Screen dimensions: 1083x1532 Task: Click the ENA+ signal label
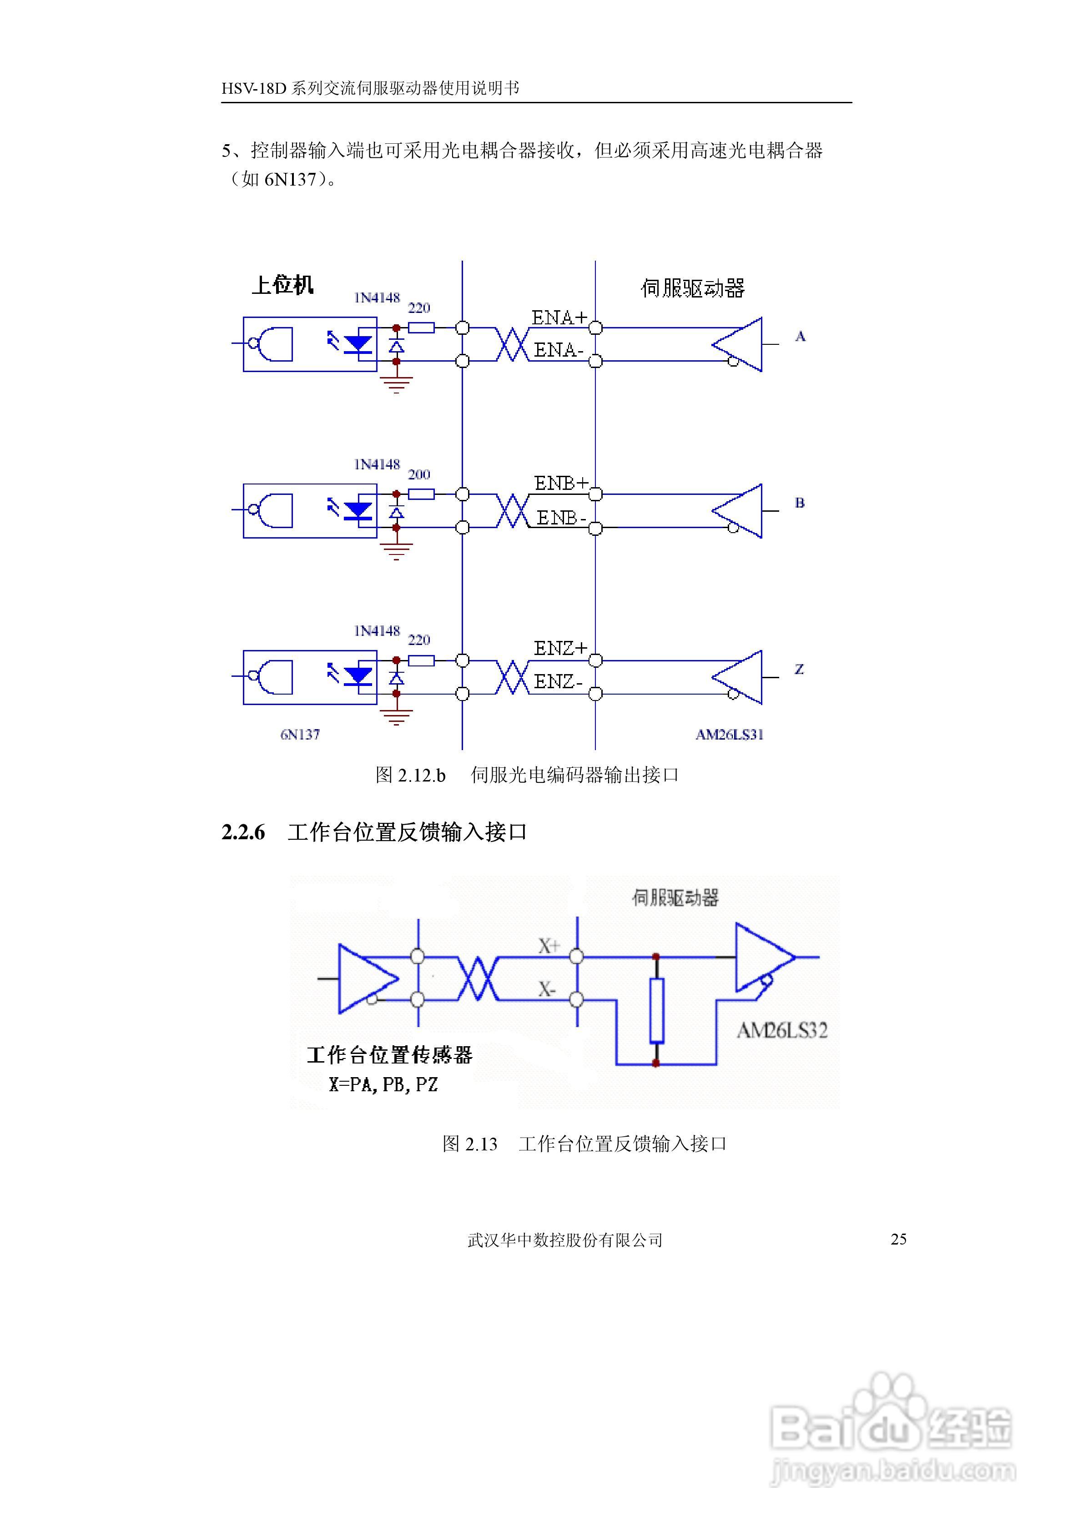559,317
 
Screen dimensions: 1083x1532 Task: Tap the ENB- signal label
561,517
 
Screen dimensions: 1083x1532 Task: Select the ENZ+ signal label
560,648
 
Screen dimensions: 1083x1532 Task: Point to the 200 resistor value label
419,474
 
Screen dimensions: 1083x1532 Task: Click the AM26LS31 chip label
729,735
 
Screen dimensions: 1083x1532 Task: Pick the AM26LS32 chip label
782,1031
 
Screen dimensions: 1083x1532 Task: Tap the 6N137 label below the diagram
300,735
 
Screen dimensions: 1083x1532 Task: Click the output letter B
800,503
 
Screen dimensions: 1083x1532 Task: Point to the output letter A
800,337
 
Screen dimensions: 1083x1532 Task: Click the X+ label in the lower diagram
549,946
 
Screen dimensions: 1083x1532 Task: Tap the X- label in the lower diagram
547,989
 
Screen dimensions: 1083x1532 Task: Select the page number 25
898,1239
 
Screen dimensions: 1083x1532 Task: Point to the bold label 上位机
282,285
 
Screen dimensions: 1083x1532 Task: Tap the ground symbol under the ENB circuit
396,551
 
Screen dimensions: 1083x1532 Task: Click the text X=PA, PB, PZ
383,1084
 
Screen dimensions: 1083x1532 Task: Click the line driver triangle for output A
739,344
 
